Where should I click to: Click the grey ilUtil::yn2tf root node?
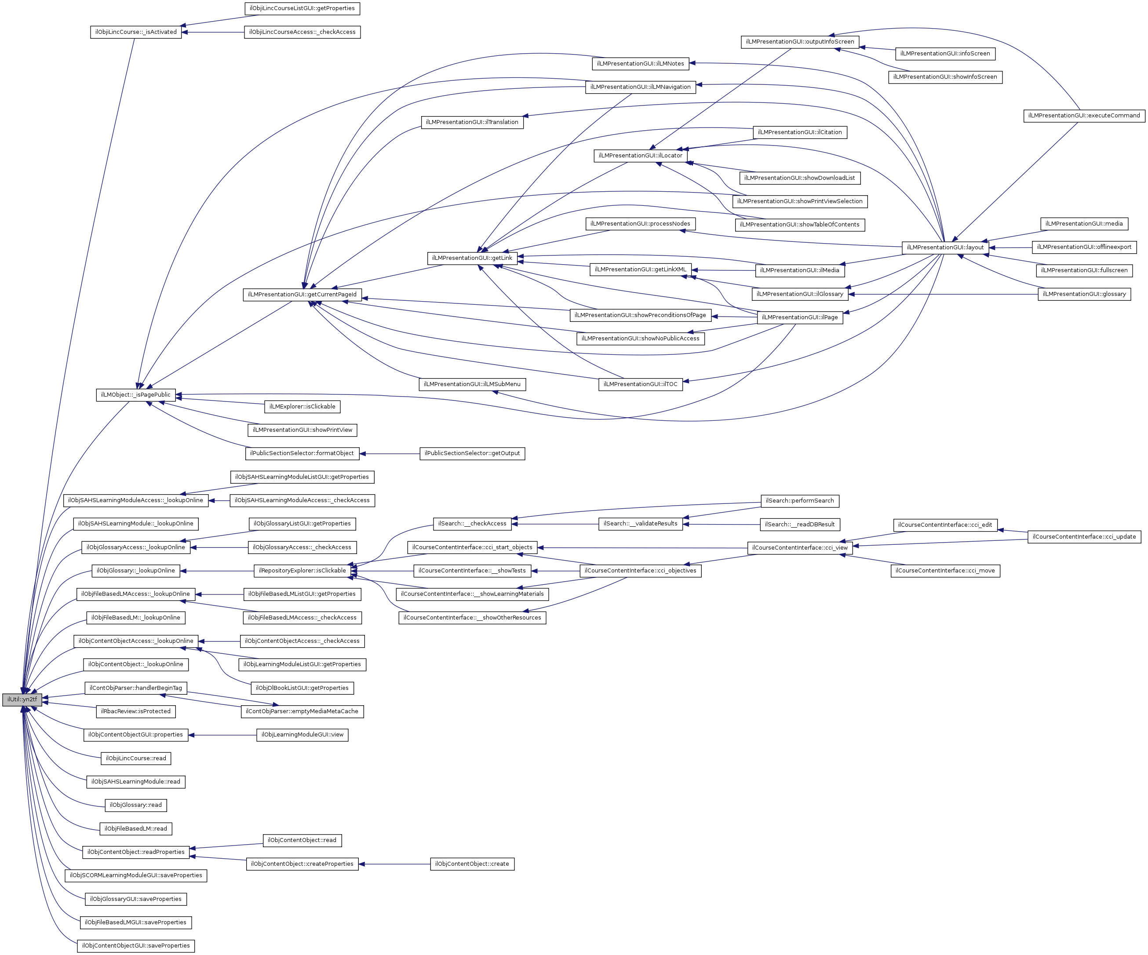tap(22, 700)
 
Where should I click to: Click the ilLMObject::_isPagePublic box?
tap(135, 395)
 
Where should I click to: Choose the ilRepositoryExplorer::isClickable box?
tap(302, 571)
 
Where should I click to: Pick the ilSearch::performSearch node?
tap(799, 501)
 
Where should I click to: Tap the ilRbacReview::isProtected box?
tap(135, 711)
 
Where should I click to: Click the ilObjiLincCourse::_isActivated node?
tap(135, 32)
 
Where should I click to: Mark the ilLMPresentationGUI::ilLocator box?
tap(640, 156)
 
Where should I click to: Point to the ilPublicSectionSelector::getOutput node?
tap(472, 453)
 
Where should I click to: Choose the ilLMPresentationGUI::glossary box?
tap(1084, 294)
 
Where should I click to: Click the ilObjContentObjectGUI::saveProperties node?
tap(135, 946)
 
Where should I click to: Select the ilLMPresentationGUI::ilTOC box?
tap(640, 384)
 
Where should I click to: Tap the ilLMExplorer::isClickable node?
tap(302, 407)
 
